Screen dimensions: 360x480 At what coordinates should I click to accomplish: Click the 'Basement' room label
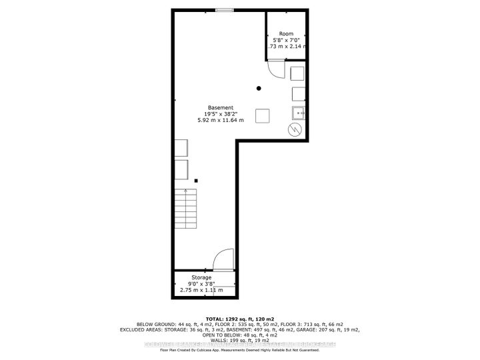click(x=220, y=107)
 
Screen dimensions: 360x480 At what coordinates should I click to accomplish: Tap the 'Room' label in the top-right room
click(x=286, y=33)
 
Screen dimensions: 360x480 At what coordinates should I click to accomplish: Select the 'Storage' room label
click(x=201, y=277)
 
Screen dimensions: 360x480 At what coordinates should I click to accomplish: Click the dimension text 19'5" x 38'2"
click(x=221, y=114)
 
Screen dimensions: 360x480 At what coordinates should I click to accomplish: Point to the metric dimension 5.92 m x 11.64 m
click(x=221, y=121)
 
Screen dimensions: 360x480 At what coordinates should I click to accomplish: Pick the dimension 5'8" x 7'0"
click(x=286, y=40)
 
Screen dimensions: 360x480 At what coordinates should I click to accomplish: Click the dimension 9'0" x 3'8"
click(x=201, y=284)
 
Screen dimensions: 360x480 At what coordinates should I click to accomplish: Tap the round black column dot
click(x=259, y=88)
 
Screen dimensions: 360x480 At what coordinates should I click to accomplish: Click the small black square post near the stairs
click(x=196, y=180)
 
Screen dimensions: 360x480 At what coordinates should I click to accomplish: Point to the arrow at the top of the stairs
click(x=185, y=191)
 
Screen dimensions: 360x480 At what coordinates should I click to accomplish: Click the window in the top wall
click(x=225, y=9)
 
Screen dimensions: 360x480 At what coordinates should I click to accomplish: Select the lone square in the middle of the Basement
click(x=263, y=115)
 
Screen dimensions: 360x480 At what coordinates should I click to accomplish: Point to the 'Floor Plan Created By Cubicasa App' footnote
click(x=240, y=349)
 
